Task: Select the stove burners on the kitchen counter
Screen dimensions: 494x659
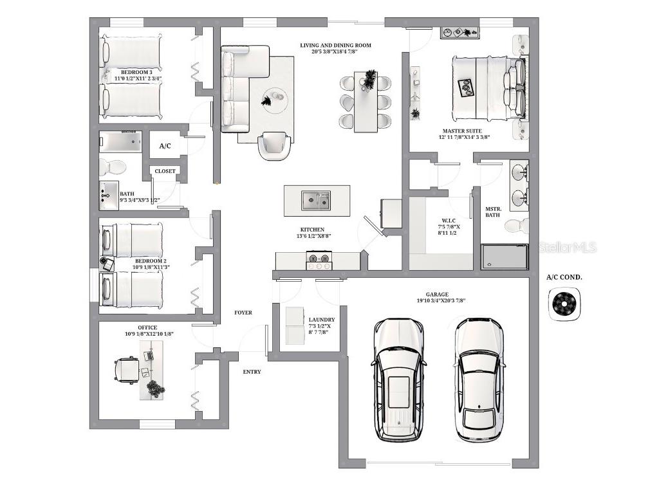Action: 320,261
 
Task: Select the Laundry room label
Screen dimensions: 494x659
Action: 321,320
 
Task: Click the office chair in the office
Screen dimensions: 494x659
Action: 126,370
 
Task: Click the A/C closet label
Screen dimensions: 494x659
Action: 165,147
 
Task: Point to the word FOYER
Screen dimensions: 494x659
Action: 243,313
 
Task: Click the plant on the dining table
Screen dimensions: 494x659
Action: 369,80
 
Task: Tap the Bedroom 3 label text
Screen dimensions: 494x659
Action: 136,72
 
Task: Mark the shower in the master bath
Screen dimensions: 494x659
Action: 505,256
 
